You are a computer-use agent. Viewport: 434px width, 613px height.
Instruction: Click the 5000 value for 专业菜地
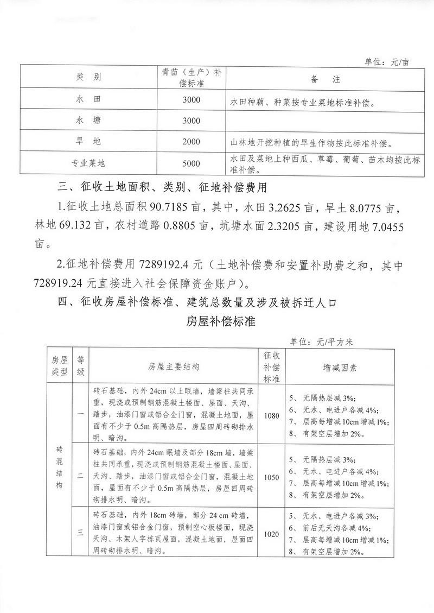192,163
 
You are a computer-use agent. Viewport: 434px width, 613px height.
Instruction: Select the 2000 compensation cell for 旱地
192,142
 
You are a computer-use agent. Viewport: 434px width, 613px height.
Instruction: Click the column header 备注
325,79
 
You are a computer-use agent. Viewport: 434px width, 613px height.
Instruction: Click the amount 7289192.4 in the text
170,267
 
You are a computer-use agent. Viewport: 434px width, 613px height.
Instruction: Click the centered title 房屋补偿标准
217,320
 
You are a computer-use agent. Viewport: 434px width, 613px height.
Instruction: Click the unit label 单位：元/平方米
321,342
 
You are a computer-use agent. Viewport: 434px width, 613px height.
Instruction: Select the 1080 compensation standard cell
271,416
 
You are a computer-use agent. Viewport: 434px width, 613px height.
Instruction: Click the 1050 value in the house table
271,477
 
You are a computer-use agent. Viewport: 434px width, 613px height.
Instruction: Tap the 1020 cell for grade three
271,534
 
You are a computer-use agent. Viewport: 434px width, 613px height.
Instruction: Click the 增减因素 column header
340,366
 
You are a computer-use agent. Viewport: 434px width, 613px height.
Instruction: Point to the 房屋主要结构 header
173,366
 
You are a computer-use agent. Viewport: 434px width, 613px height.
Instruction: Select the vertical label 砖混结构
60,468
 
